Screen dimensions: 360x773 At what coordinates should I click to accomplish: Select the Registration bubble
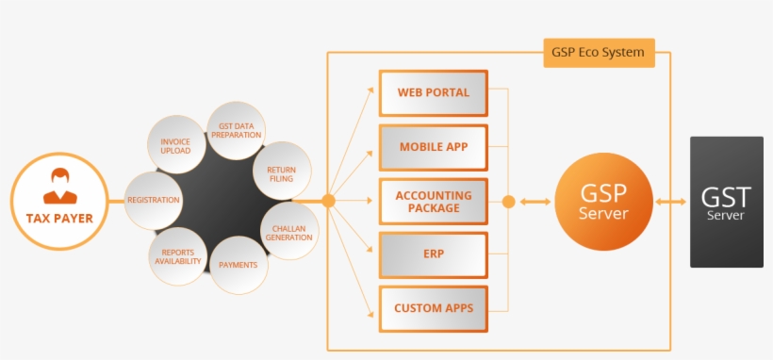tap(154, 201)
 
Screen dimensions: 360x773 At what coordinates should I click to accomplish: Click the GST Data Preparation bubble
tap(236, 130)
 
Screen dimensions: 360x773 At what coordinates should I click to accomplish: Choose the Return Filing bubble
tap(282, 172)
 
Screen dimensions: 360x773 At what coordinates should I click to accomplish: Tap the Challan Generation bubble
tap(289, 231)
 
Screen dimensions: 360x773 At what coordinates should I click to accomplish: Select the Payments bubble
tap(238, 265)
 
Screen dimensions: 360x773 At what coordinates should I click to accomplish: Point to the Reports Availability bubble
tap(177, 255)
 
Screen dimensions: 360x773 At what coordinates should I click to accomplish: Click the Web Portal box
tap(434, 93)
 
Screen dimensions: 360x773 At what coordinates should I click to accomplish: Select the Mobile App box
tap(434, 147)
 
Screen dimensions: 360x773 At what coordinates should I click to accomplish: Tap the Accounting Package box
tap(434, 201)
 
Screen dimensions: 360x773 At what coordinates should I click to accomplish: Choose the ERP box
tap(434, 254)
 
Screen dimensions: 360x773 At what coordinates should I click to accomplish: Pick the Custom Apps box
tap(434, 308)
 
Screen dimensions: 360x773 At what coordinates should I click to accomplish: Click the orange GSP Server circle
tap(603, 201)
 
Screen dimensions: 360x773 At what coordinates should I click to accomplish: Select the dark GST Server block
tap(726, 202)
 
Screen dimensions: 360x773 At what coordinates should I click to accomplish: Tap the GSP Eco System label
tap(599, 53)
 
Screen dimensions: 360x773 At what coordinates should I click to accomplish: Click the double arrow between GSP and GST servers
tap(671, 202)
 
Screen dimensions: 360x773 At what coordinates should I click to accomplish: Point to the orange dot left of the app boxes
tap(328, 201)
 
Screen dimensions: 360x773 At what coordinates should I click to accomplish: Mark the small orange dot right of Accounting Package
tap(509, 201)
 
